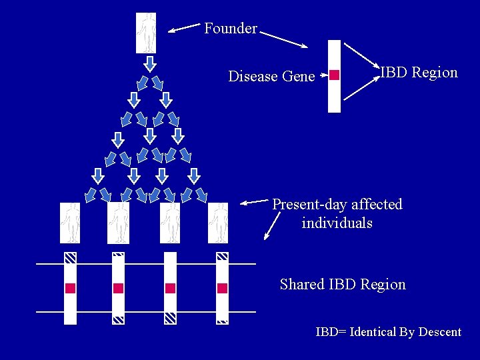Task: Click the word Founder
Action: coord(230,29)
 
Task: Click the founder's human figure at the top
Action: coord(146,33)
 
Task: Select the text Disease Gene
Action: coord(271,77)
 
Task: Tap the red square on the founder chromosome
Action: coord(335,75)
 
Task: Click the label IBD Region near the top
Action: coord(419,73)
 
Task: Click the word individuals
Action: coord(337,223)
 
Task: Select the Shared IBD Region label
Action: coord(343,285)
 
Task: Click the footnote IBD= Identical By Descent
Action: coord(388,332)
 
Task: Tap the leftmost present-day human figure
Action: coord(70,223)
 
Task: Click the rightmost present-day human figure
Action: coord(218,223)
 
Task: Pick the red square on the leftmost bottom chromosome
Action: coord(70,288)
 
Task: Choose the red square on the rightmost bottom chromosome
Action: coord(222,288)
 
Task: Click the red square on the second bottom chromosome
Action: coord(119,288)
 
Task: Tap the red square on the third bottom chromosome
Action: coord(170,288)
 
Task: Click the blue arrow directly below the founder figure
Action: coord(150,63)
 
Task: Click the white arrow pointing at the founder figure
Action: coord(184,27)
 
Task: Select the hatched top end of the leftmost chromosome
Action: coord(70,257)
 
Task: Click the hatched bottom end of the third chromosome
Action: coord(170,319)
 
